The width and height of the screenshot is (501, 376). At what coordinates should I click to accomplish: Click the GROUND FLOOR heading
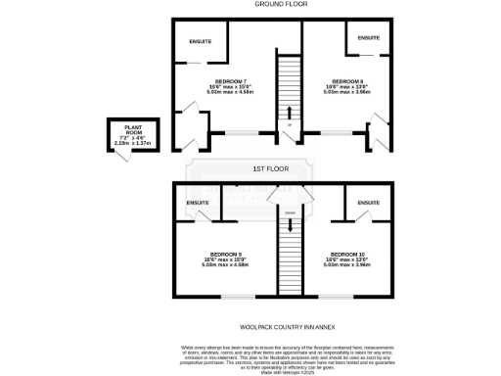254,4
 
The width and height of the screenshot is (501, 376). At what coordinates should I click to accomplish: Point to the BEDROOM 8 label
347,81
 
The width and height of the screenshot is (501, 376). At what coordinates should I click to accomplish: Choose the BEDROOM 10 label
347,253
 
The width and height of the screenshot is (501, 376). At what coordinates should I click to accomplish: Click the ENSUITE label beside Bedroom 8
369,37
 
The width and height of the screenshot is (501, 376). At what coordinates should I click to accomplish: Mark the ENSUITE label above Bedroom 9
197,204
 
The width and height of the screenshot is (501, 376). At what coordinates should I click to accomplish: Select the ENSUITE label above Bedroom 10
369,204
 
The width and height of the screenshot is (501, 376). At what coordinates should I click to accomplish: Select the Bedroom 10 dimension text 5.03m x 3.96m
347,264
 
